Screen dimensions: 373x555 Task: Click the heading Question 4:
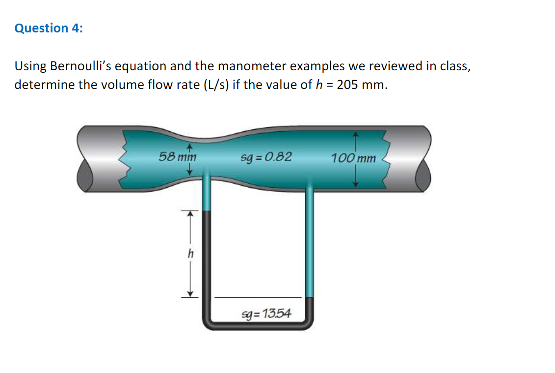click(49, 29)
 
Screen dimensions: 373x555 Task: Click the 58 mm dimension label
click(177, 158)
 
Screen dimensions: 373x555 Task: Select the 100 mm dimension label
click(353, 158)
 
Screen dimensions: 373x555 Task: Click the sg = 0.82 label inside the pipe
click(266, 157)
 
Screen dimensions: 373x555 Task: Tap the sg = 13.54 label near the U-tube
click(266, 313)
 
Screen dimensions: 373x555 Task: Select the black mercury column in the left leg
click(207, 260)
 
